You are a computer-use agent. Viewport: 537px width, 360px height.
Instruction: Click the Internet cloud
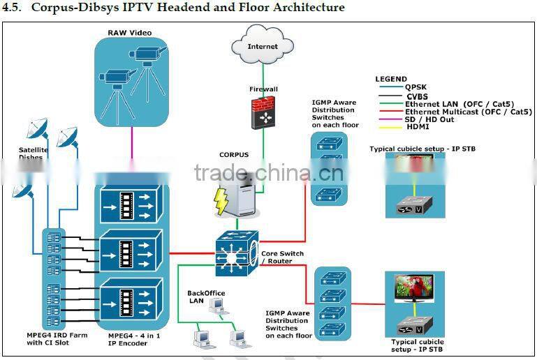coord(263,47)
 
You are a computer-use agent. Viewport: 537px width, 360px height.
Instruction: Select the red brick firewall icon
coord(264,112)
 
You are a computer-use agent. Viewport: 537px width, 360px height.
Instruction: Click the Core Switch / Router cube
coord(237,249)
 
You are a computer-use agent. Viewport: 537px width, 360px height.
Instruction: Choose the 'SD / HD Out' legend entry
coord(429,119)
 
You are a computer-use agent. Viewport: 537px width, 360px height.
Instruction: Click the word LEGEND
coord(391,79)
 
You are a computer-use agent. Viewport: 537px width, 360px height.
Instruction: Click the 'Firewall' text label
coord(263,89)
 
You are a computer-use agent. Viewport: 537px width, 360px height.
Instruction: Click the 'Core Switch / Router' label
coord(282,257)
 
